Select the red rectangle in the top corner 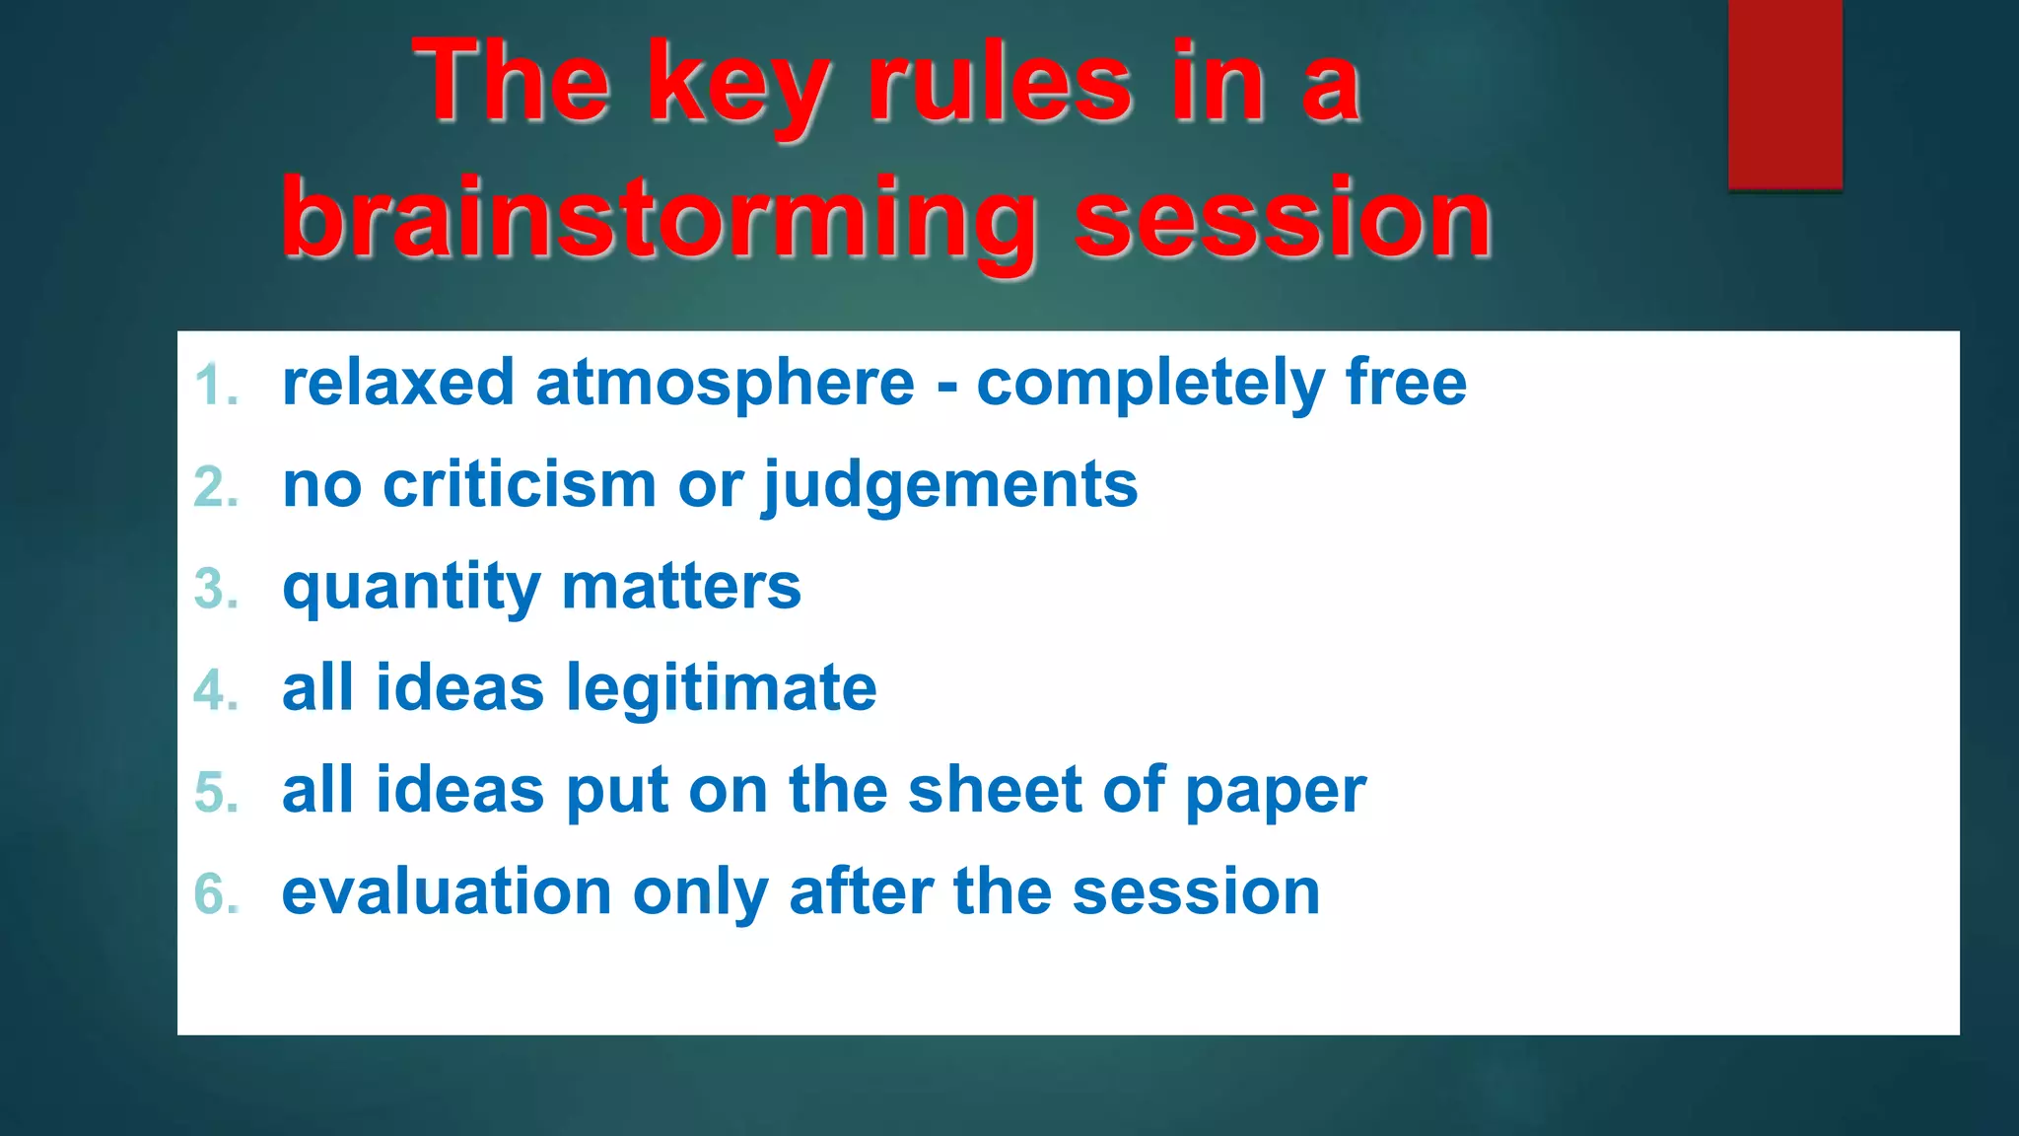tap(1784, 94)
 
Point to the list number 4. tap(215, 690)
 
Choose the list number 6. tap(216, 894)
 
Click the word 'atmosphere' tap(725, 385)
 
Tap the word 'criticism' tap(519, 485)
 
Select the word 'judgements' tap(950, 487)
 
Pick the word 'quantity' tap(410, 589)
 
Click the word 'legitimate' tap(721, 689)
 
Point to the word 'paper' tap(1275, 793)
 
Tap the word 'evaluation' tap(447, 892)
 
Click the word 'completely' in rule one tap(1149, 385)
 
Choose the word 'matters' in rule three tap(680, 588)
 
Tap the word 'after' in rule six tap(860, 892)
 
